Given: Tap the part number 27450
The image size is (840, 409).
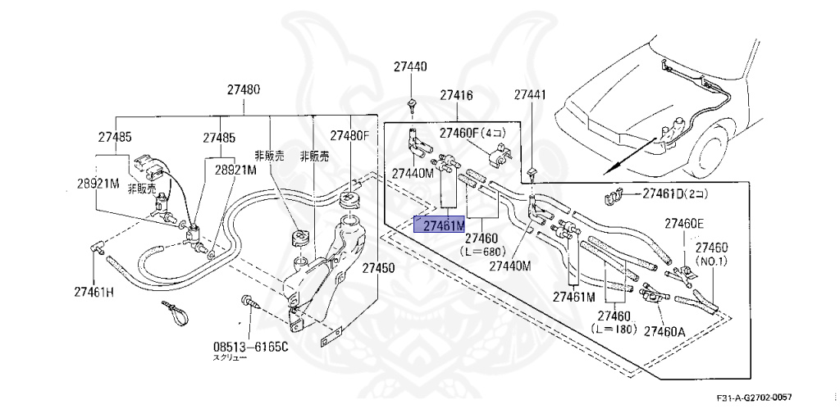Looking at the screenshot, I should click(x=378, y=268).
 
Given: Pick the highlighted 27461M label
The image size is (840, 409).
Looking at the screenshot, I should click(x=440, y=225).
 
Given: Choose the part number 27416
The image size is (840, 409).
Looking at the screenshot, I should click(x=456, y=96).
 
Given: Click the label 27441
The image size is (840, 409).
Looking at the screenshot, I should click(x=529, y=96).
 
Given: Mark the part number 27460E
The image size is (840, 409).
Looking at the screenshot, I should click(x=684, y=224).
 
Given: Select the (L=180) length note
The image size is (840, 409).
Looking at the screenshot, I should click(x=613, y=328).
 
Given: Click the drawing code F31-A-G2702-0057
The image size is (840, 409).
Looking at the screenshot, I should click(x=753, y=398).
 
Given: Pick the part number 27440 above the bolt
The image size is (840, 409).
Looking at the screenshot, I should click(x=409, y=66).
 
